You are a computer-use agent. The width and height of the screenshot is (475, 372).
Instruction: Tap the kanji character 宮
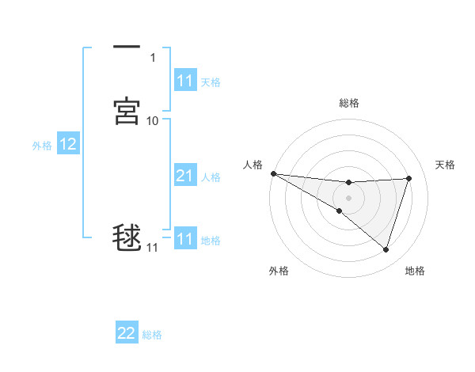[127, 111]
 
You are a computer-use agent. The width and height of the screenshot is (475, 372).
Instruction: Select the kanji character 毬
[127, 238]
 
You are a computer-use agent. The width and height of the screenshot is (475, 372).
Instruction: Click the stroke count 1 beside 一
[152, 58]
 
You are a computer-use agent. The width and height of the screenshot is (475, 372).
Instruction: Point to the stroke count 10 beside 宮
[153, 120]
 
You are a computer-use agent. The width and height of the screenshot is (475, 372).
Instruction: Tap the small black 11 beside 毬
[152, 248]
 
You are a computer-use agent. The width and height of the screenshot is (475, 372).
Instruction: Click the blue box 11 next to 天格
[184, 81]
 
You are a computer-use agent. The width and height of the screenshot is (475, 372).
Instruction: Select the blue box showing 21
[184, 176]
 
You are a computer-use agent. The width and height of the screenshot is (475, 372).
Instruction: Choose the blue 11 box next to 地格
[184, 239]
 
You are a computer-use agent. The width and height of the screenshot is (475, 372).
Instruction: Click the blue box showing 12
[68, 144]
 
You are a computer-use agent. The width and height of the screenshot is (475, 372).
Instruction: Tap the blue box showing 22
[127, 333]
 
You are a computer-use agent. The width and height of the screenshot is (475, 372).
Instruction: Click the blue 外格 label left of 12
[41, 145]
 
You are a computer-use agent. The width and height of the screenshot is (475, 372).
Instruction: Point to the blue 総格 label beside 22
[152, 334]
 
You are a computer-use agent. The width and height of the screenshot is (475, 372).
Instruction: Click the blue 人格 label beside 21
[211, 177]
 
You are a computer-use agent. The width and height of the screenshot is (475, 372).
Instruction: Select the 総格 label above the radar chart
[349, 103]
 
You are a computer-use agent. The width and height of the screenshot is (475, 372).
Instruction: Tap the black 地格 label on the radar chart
[415, 271]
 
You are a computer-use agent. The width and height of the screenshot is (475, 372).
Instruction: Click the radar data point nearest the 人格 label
[273, 173]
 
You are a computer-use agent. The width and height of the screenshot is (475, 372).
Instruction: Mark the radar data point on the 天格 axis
[409, 178]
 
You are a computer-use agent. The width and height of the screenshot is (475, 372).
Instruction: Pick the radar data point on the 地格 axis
[386, 250]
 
